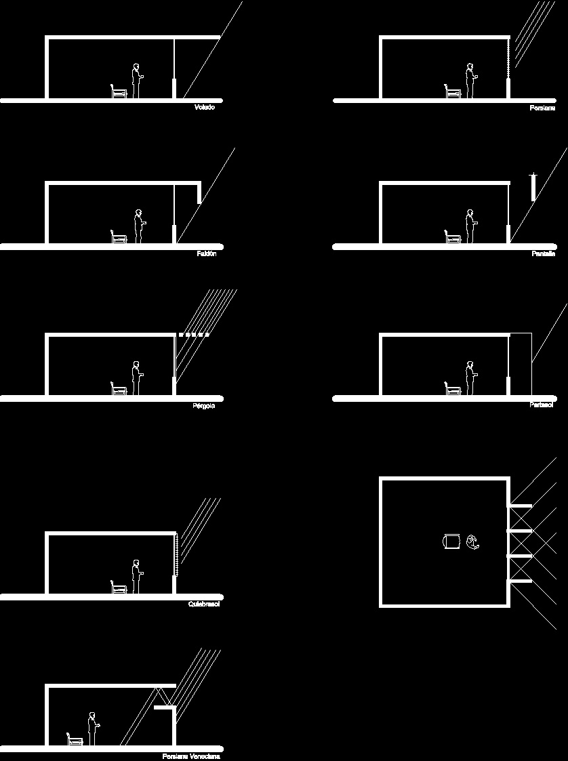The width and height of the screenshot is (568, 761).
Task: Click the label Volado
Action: (x=204, y=108)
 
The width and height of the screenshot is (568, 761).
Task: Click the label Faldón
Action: (x=206, y=253)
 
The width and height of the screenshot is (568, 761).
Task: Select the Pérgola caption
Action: (x=204, y=405)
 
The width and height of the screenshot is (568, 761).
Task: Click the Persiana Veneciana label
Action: (x=191, y=756)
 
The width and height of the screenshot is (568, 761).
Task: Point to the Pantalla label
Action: (x=543, y=254)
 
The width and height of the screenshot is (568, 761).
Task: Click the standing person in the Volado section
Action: (x=136, y=81)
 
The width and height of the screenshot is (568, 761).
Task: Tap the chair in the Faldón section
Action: (x=119, y=236)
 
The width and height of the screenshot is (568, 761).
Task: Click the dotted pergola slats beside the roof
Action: (x=194, y=335)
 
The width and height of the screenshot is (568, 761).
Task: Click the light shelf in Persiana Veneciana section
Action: (x=165, y=708)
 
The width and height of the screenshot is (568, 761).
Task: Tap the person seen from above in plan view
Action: (x=472, y=541)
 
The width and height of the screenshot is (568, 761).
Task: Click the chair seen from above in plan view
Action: (x=450, y=541)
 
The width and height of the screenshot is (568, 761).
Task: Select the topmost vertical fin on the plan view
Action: (x=521, y=506)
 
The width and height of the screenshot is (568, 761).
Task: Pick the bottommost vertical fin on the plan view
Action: (x=521, y=581)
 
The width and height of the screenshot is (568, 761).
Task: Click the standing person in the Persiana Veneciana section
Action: (x=92, y=729)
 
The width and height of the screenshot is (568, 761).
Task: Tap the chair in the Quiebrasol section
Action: (x=119, y=587)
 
